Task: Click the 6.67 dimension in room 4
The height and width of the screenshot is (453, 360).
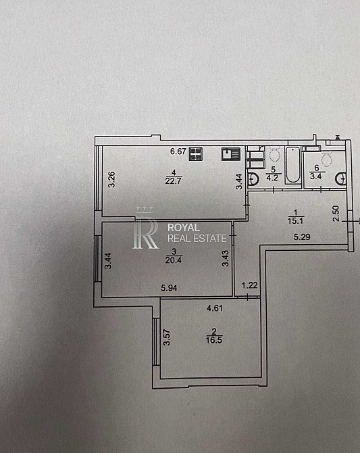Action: click(178, 151)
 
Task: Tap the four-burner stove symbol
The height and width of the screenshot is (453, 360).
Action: click(196, 153)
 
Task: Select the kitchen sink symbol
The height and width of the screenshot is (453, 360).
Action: click(231, 154)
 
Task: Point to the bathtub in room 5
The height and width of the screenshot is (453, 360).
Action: click(293, 165)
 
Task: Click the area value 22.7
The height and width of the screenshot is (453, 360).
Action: click(174, 181)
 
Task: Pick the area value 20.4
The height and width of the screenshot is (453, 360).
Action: click(174, 260)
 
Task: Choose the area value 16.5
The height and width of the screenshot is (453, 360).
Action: click(214, 340)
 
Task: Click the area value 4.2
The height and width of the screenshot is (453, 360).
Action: click(272, 178)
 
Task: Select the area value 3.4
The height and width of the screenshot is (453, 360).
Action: click(316, 176)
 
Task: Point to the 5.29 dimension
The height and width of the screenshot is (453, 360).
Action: click(302, 237)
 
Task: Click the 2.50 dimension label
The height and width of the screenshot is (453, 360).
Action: click(336, 213)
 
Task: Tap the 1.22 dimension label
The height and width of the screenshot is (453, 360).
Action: click(249, 285)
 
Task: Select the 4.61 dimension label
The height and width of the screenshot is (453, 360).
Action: click(215, 308)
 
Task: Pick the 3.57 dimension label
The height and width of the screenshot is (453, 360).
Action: click(167, 338)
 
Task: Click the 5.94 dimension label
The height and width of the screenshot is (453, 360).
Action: click(169, 288)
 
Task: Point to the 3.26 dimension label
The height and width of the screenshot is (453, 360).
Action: click(111, 180)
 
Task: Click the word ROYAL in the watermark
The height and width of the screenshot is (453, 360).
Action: click(184, 228)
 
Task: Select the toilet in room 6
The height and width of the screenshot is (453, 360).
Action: click(326, 160)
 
